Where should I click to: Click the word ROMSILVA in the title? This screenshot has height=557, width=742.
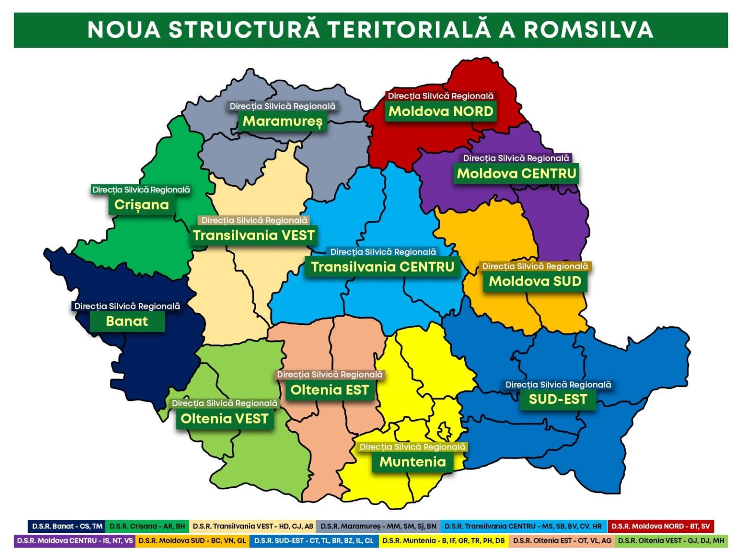click(x=588, y=29)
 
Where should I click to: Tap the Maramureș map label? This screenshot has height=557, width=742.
click(x=283, y=121)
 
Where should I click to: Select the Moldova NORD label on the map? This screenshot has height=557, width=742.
click(x=441, y=112)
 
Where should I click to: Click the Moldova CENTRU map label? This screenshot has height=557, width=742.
click(x=516, y=174)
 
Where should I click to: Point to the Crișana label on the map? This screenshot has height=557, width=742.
click(x=142, y=205)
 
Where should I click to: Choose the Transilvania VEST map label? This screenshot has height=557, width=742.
click(x=254, y=235)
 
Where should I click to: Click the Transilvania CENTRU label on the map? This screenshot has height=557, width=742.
click(x=383, y=267)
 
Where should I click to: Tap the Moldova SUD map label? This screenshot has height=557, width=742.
click(x=535, y=281)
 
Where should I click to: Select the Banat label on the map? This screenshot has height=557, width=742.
click(x=127, y=322)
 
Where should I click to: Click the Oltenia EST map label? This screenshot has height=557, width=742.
click(x=329, y=390)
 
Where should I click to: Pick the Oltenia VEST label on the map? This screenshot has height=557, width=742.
click(x=224, y=419)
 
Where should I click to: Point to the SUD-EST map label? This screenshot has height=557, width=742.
click(x=557, y=399)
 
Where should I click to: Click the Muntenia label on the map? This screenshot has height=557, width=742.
click(x=413, y=462)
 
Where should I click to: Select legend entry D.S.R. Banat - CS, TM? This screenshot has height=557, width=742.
click(x=67, y=526)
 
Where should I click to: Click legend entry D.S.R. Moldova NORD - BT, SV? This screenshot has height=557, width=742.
click(x=660, y=526)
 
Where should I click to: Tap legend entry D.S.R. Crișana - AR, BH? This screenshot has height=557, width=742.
click(x=147, y=526)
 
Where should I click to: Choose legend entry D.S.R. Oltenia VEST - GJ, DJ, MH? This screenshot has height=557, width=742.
click(x=671, y=541)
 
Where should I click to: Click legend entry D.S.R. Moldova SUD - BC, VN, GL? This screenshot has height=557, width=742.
click(x=192, y=541)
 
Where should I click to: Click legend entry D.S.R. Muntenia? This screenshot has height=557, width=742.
click(x=443, y=541)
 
